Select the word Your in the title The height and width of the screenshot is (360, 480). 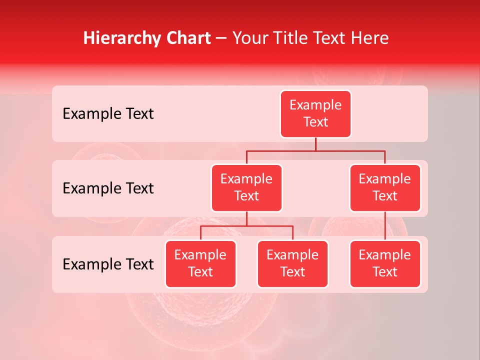250,38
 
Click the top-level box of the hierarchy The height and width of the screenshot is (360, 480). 315,113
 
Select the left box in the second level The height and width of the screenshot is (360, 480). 246,187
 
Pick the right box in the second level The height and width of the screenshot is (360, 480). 385,187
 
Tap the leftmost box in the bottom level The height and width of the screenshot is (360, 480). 200,263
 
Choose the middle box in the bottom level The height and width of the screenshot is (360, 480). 292,263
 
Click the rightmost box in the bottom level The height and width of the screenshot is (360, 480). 385,263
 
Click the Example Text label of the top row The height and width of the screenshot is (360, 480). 108,114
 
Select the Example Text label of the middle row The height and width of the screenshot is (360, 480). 108,188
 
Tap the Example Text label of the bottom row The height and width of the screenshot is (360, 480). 108,264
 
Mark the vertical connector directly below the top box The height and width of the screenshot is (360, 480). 315,144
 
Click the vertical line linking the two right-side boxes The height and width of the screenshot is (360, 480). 385,226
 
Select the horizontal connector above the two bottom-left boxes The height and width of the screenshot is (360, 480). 246,226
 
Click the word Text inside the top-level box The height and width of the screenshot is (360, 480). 315,122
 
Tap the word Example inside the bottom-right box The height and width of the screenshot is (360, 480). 385,255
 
